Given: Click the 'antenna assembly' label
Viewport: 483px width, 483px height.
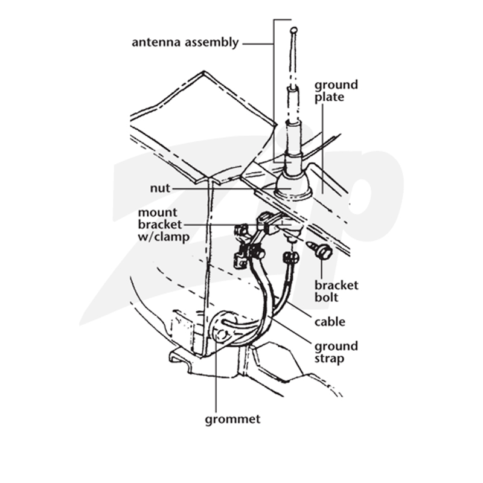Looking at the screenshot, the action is click(185, 42).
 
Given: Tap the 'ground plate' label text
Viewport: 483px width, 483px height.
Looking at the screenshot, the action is click(336, 91).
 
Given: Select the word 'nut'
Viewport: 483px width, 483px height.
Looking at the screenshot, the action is click(160, 188).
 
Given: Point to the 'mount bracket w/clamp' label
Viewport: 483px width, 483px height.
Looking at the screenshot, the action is click(164, 225).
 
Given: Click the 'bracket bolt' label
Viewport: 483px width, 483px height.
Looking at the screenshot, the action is click(336, 292).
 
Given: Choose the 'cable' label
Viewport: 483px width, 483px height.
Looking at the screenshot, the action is click(330, 322).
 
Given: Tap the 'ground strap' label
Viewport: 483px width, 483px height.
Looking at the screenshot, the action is click(336, 353).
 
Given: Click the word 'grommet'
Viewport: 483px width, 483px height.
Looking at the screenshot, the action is click(232, 420).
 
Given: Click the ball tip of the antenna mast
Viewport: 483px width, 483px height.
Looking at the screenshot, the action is click(293, 30).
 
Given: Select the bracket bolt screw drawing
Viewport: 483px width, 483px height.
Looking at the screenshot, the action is click(320, 250).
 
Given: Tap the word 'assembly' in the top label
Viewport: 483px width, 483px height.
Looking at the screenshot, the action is click(212, 43).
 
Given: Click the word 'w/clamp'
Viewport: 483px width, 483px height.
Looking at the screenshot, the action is click(164, 237).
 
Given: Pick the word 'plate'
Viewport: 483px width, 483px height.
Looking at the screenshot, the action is click(329, 97).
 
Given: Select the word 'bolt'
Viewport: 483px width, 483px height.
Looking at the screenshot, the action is click(326, 298).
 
